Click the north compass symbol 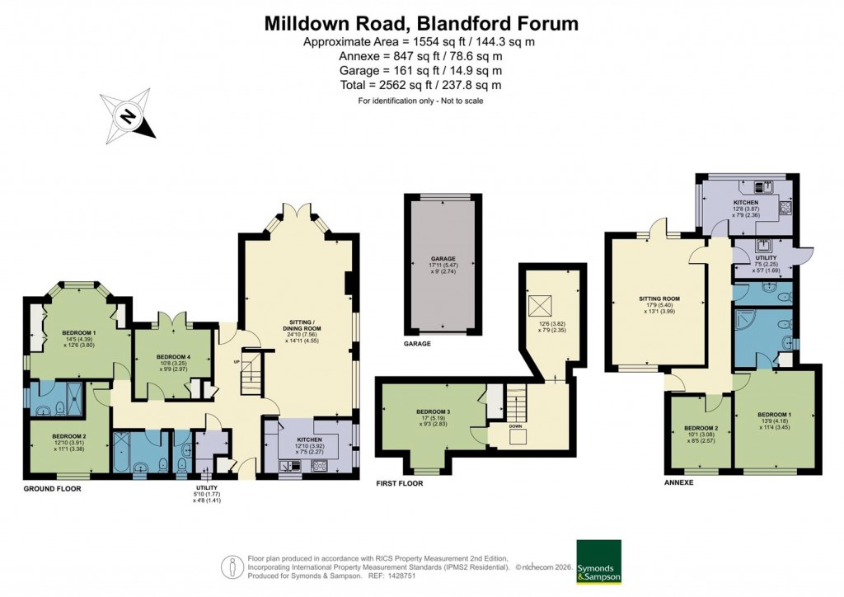(128, 116)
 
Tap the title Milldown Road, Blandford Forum (421, 23)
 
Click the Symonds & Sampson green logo (598, 562)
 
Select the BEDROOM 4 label (173, 356)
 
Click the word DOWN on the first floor (517, 426)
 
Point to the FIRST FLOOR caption (399, 484)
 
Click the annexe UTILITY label (766, 258)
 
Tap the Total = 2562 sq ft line (421, 85)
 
